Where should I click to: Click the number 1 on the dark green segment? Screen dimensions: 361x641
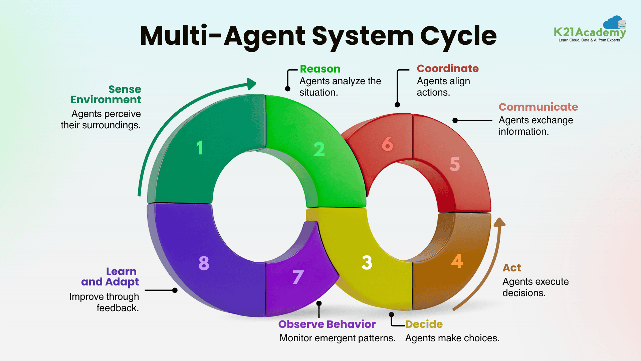[x=200, y=148]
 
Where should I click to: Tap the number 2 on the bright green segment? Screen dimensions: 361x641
[x=319, y=149]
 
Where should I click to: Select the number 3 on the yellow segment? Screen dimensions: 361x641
[x=367, y=263]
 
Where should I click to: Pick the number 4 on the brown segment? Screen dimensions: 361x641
[x=457, y=261]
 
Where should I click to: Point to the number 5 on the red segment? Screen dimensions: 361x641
[x=454, y=164]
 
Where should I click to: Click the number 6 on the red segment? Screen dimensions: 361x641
[x=387, y=144]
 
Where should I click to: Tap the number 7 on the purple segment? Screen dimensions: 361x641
[x=298, y=277]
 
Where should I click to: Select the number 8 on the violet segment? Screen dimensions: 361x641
[x=204, y=263]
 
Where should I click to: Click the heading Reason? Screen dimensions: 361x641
[x=320, y=69]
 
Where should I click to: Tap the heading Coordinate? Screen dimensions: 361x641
[x=447, y=69]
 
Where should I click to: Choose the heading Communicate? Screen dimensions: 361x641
[x=538, y=107]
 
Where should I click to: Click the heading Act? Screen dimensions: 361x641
[x=511, y=268]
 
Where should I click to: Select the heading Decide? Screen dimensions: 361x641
[x=424, y=324]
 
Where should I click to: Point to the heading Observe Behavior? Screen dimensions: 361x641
[x=327, y=324]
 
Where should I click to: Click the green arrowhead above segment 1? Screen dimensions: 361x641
[x=251, y=84]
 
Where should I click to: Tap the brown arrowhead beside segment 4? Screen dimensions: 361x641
[x=499, y=223]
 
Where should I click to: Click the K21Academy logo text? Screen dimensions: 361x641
[x=589, y=32]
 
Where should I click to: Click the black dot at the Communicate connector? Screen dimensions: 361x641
[x=455, y=120]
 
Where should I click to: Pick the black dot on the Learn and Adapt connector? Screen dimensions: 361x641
[x=175, y=290]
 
